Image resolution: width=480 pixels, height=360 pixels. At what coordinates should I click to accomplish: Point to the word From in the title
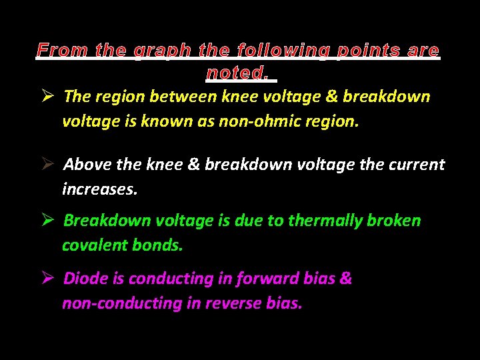63,51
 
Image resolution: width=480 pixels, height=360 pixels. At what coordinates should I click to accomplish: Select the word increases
100,189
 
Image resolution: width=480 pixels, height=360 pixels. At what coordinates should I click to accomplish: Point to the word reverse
231,303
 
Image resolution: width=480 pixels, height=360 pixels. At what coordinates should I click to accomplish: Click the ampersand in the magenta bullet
345,279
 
